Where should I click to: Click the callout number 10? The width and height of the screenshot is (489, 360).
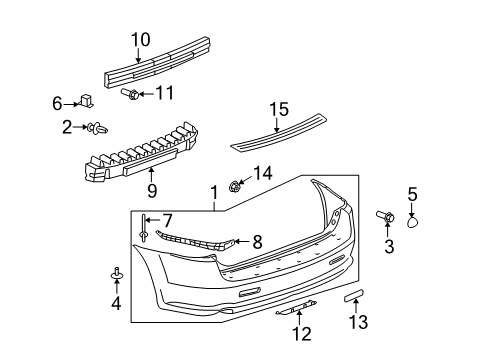tap(140, 40)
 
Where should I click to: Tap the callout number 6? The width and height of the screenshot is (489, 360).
tap(57, 102)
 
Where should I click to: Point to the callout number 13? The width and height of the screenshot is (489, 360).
tap(358, 321)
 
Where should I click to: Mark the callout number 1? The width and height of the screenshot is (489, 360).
tap(213, 191)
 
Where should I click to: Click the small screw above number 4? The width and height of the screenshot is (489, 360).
tap(116, 272)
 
